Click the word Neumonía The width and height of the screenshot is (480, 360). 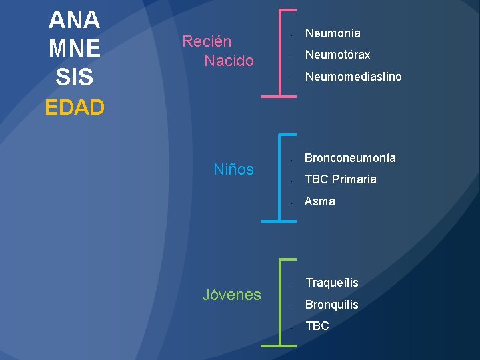pyautogui.click(x=333, y=33)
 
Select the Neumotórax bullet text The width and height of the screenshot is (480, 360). pyautogui.click(x=337, y=55)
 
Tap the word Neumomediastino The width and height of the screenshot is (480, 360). pyautogui.click(x=353, y=77)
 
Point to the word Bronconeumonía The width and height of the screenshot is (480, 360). pyautogui.click(x=350, y=158)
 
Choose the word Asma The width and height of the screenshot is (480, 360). pyautogui.click(x=320, y=201)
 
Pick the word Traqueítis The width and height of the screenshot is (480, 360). pyautogui.click(x=331, y=283)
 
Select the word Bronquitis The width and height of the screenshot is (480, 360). pyautogui.click(x=331, y=305)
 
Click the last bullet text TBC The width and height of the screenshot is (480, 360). pyautogui.click(x=317, y=326)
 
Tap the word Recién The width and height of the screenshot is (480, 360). pyautogui.click(x=207, y=41)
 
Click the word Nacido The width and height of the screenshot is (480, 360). pyautogui.click(x=229, y=61)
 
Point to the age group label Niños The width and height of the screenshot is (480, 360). pyautogui.click(x=233, y=169)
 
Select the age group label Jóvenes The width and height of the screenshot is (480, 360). pyautogui.click(x=231, y=294)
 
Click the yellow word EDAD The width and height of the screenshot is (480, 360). pyautogui.click(x=75, y=107)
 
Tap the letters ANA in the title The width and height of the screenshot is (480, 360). pyautogui.click(x=74, y=19)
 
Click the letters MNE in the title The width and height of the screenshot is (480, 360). pyautogui.click(x=74, y=48)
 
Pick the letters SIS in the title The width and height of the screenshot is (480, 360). pyautogui.click(x=74, y=77)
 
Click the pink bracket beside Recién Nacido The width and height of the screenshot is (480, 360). pyautogui.click(x=265, y=53)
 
